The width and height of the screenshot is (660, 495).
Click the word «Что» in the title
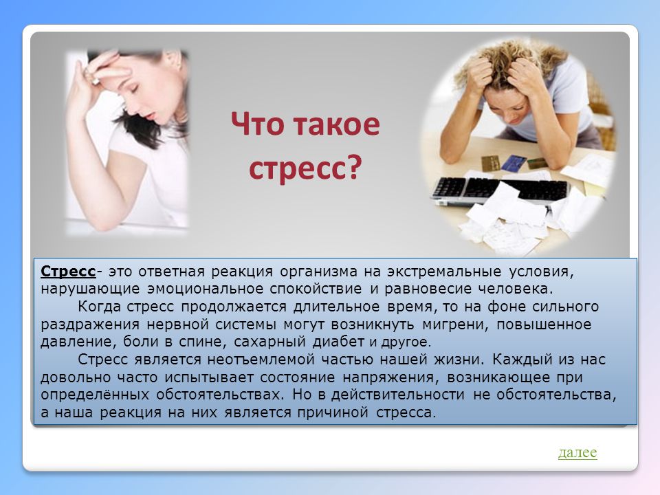[x=257, y=124]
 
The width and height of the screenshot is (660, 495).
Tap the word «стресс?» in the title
[x=305, y=168]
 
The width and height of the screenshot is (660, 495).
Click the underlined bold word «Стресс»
[x=68, y=272]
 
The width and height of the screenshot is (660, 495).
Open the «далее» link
[x=577, y=452]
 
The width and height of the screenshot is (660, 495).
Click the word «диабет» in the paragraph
[x=338, y=342]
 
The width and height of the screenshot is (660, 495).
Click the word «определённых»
[x=95, y=395]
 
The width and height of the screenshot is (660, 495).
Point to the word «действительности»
[x=398, y=395]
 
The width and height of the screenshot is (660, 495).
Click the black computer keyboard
[x=500, y=190]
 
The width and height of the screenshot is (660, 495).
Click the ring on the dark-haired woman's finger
[x=95, y=80]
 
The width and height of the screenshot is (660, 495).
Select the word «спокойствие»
[x=316, y=289]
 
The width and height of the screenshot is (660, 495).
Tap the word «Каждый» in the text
[x=522, y=360]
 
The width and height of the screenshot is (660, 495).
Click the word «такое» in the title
[x=336, y=124]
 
